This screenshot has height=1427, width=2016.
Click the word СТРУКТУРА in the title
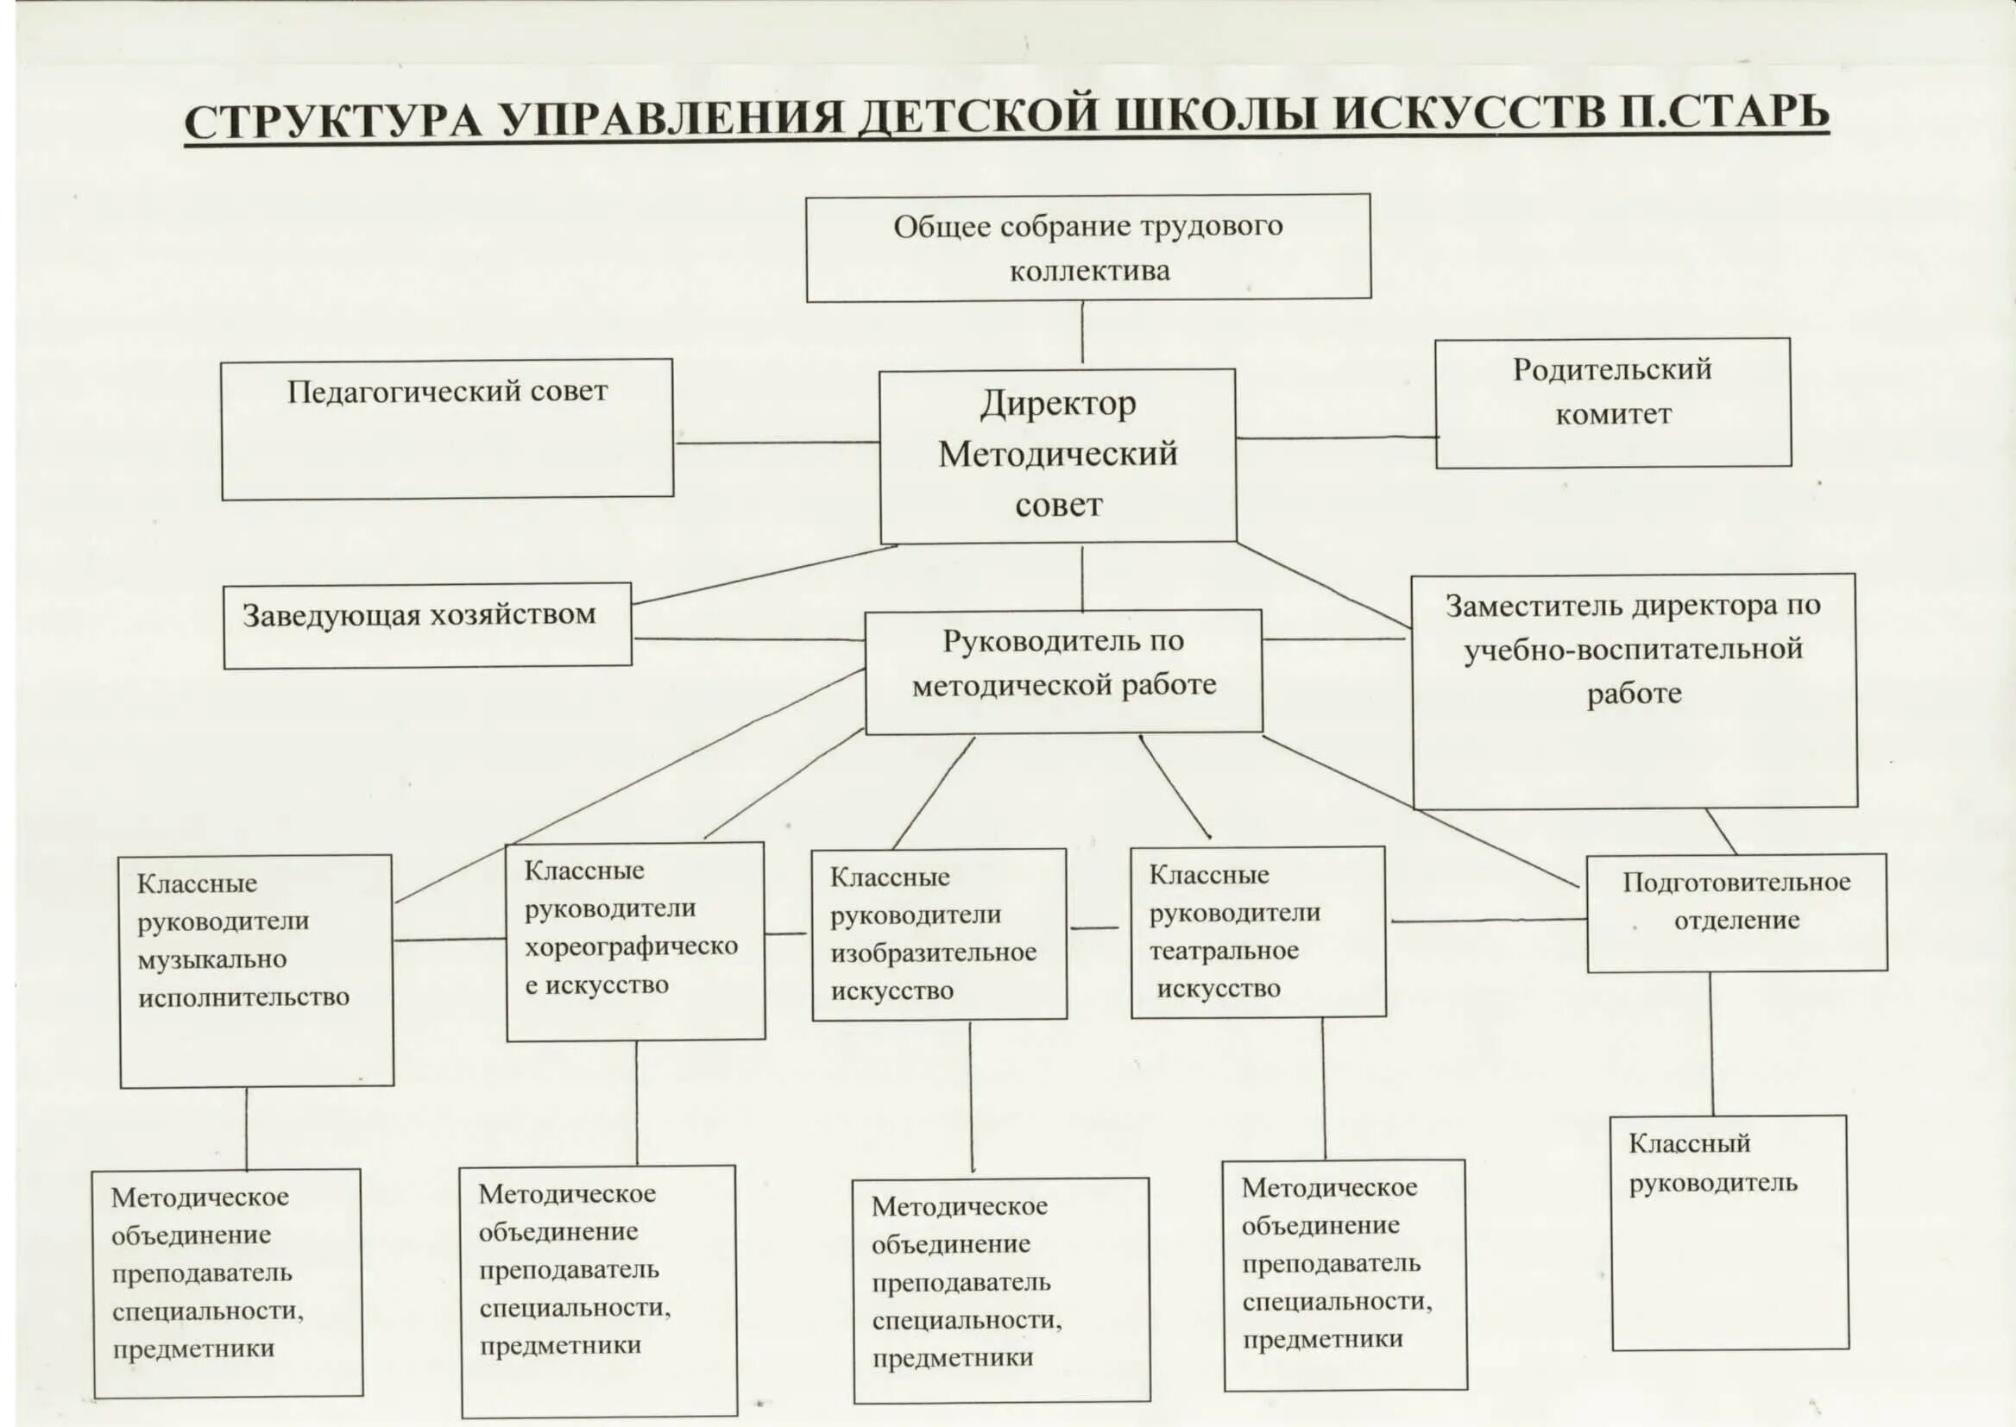pos(333,120)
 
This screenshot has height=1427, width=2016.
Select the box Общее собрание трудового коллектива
pos(1088,248)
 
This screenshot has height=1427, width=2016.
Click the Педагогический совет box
pos(446,429)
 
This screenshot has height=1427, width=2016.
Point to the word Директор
pos(1058,403)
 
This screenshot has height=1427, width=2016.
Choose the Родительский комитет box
pos(1613,402)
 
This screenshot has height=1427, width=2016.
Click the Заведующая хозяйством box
pos(427,625)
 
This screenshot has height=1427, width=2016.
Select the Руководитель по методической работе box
pos(1063,671)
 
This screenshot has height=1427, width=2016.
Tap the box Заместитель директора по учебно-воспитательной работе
pos(1634,691)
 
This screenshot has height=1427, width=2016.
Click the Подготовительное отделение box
pos(1736,912)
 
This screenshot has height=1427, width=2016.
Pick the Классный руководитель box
pos(1729,1232)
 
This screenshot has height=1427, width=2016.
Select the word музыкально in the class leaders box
pos(211,959)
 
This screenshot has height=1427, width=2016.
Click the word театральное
pos(1223,951)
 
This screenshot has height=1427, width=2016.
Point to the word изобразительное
pos(933,952)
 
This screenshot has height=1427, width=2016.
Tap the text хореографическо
pos(631,946)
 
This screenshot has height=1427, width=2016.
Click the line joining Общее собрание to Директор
pos(1082,333)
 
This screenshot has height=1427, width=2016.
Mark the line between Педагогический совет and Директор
pos(777,443)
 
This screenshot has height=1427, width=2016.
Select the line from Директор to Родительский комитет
pos(1336,437)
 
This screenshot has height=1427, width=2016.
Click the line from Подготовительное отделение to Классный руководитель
pos(1711,1043)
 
